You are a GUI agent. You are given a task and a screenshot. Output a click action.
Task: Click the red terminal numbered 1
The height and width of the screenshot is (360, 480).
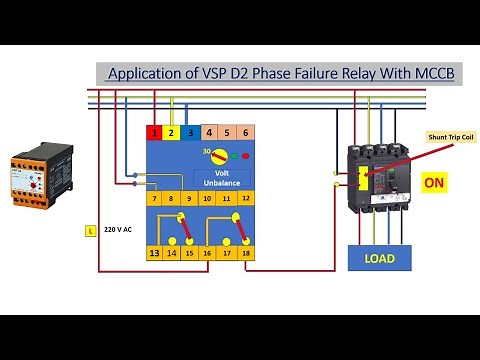[154, 132]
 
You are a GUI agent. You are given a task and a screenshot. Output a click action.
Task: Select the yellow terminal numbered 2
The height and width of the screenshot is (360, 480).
[172, 132]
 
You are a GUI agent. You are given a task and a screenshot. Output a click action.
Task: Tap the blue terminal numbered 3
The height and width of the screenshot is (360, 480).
[190, 132]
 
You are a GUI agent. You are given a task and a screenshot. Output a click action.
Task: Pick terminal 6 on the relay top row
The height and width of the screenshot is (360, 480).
[245, 132]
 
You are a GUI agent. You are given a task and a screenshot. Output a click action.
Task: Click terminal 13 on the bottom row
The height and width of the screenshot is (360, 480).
[154, 254]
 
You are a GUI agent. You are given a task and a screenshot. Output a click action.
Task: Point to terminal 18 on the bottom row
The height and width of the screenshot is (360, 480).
[245, 254]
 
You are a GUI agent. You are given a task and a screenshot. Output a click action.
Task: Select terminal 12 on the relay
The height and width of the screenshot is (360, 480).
[245, 199]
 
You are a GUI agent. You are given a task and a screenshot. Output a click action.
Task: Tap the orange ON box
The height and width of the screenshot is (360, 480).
[434, 183]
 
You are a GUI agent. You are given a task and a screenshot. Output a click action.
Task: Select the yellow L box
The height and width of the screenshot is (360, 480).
[90, 230]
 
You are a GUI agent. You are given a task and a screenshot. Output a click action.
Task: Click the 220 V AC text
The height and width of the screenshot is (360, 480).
[118, 230]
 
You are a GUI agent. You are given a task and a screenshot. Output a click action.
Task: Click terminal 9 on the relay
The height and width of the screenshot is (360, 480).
[190, 199]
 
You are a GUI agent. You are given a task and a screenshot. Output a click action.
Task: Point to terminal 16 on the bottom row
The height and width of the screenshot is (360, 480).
[208, 254]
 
